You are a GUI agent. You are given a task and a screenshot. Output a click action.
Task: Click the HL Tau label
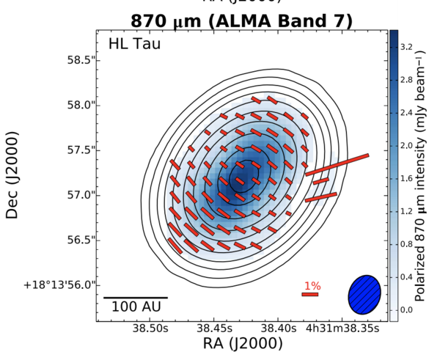(x=134, y=44)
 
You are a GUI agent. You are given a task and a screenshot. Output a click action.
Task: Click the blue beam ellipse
(x=364, y=293)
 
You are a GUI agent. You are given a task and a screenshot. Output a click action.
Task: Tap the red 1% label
(x=312, y=285)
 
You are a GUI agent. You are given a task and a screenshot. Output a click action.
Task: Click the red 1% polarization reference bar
(x=309, y=295)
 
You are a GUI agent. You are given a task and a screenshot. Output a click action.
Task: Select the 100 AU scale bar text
(x=136, y=307)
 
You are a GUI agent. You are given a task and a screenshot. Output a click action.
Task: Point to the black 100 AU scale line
(x=136, y=298)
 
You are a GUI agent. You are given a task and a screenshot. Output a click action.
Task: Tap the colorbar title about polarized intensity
(x=423, y=176)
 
